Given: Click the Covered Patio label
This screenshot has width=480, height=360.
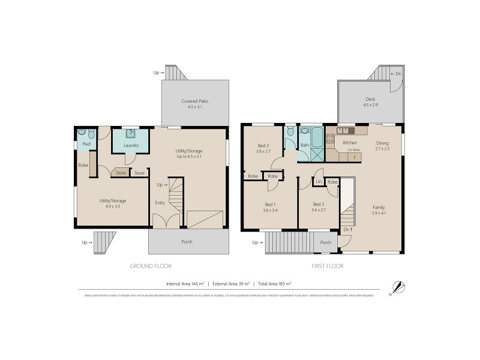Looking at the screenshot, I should [x=195, y=101].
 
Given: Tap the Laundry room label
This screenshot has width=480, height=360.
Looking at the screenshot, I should [x=131, y=145].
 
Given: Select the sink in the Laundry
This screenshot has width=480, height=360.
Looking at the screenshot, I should [x=131, y=134].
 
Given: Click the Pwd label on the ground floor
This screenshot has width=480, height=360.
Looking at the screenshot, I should [x=86, y=145].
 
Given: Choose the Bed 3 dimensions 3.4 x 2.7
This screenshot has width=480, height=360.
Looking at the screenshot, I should [x=319, y=211].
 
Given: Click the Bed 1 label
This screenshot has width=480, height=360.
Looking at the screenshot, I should [x=270, y=204].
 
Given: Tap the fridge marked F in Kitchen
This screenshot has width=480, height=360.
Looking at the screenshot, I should [x=354, y=157].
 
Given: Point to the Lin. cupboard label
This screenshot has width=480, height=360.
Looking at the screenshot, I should [x=319, y=181].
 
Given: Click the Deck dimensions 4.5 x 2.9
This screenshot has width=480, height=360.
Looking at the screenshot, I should [x=371, y=106].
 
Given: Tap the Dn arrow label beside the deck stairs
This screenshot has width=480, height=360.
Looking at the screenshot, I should [x=396, y=74].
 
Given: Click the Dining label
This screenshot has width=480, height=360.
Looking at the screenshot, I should [x=382, y=143].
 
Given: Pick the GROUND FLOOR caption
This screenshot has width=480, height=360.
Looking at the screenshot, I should [x=151, y=266].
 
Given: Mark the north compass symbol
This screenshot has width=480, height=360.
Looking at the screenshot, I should [x=395, y=287].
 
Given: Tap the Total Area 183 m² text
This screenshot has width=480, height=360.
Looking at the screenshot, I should [x=272, y=283].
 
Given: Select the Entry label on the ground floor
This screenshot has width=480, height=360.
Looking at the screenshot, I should [x=160, y=203].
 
